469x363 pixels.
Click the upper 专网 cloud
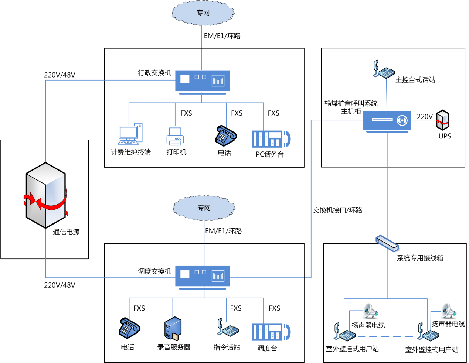(203, 13)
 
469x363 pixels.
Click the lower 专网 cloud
(203, 208)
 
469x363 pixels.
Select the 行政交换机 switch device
(202, 81)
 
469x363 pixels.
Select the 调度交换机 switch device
(202, 275)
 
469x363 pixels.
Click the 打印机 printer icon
(175, 136)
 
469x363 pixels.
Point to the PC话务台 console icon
(271, 139)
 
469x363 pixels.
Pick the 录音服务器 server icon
(173, 328)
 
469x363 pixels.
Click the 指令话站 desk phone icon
(227, 328)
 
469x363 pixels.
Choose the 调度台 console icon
(271, 332)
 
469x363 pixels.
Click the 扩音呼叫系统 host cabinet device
(387, 121)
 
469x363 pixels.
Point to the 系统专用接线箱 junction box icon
(387, 243)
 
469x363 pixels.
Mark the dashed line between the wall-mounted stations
(386, 336)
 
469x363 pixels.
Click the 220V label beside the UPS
(425, 116)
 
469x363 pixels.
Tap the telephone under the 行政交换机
(225, 136)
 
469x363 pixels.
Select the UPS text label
(445, 136)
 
